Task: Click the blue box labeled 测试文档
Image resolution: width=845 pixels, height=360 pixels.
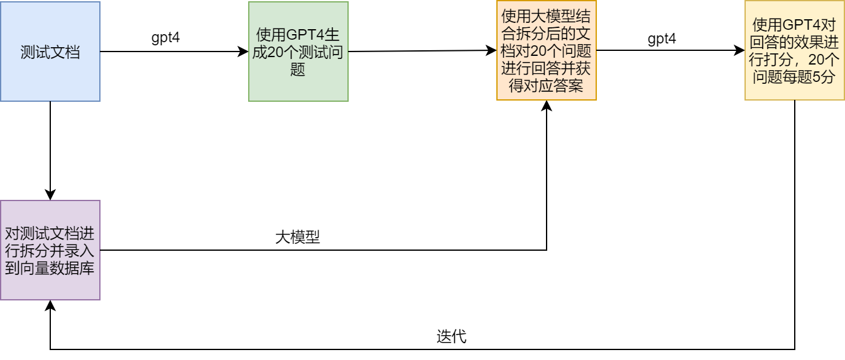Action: click(50, 52)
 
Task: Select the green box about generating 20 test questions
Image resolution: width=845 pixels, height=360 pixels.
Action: click(298, 52)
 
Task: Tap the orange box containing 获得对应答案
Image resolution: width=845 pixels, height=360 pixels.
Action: click(546, 51)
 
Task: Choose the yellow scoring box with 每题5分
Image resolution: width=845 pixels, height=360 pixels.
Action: click(795, 51)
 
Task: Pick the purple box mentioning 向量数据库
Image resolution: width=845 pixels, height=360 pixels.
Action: click(50, 250)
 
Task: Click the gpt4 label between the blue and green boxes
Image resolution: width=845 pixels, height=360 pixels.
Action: click(166, 37)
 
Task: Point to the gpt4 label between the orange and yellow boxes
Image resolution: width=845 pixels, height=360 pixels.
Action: click(662, 38)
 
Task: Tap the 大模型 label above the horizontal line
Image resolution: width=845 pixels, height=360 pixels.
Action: click(297, 236)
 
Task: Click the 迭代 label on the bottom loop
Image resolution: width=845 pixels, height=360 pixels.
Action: click(451, 336)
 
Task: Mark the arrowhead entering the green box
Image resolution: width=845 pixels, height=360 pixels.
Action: click(244, 52)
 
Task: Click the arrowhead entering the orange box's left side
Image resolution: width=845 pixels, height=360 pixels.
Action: click(492, 51)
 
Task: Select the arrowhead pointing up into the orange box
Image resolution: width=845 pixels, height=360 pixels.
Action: click(547, 106)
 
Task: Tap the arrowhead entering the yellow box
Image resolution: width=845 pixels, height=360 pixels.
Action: click(740, 51)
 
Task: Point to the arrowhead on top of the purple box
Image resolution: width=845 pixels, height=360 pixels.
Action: click(50, 196)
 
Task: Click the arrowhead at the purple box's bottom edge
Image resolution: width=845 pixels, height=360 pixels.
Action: click(50, 305)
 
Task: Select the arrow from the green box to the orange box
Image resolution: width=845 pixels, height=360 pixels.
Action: click(422, 51)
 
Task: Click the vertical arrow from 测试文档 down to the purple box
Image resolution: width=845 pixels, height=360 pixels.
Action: click(50, 149)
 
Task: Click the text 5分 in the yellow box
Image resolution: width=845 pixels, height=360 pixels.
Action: click(825, 77)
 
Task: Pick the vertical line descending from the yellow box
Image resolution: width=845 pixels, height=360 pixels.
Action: click(795, 223)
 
